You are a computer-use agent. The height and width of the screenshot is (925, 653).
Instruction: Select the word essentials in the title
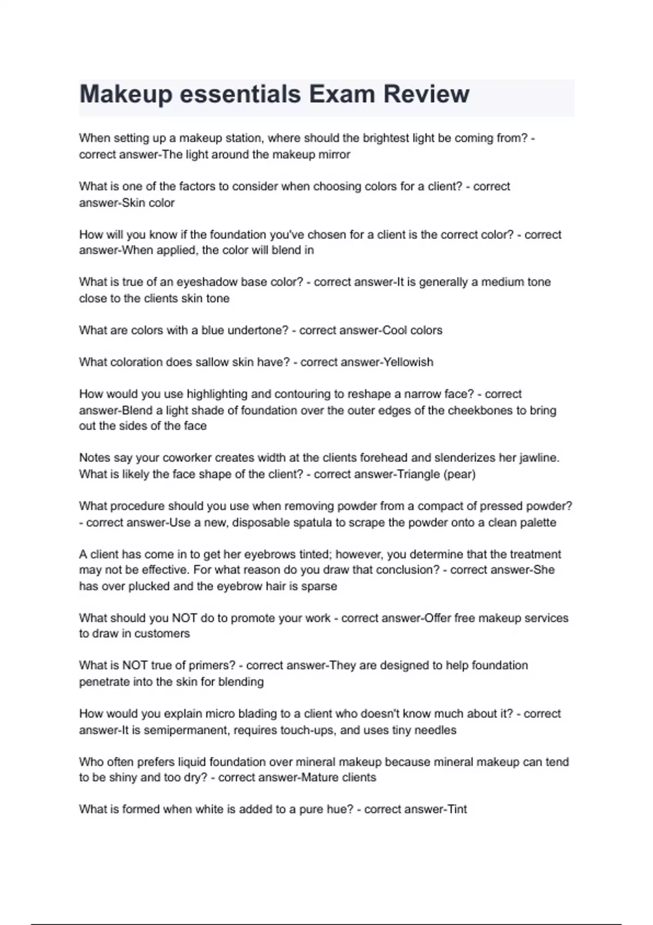[x=240, y=94]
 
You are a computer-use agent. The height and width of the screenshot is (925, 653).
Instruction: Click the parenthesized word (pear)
[x=460, y=474]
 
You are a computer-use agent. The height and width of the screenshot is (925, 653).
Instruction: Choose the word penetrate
[x=103, y=682]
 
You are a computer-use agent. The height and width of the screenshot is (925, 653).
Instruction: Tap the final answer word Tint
[x=457, y=810]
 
